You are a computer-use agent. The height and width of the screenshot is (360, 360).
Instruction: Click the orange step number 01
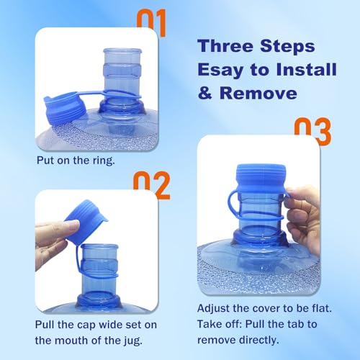151,23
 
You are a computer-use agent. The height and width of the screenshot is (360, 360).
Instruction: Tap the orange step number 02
152,185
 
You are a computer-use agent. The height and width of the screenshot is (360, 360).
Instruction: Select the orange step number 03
312,132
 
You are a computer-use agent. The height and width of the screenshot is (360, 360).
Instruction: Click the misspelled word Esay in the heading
220,70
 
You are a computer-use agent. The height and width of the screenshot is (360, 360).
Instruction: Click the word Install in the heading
306,69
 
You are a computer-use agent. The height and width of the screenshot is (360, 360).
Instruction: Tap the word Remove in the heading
258,93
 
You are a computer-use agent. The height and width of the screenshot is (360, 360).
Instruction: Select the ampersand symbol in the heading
205,93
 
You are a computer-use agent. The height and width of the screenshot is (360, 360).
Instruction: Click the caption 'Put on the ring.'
76,161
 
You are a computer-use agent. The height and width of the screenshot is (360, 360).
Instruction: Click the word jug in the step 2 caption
135,341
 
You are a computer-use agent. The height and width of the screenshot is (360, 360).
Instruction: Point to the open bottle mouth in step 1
122,51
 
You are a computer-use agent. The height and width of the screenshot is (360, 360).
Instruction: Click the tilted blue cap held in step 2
86,222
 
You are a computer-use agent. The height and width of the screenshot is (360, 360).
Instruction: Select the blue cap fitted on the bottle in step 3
261,176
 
